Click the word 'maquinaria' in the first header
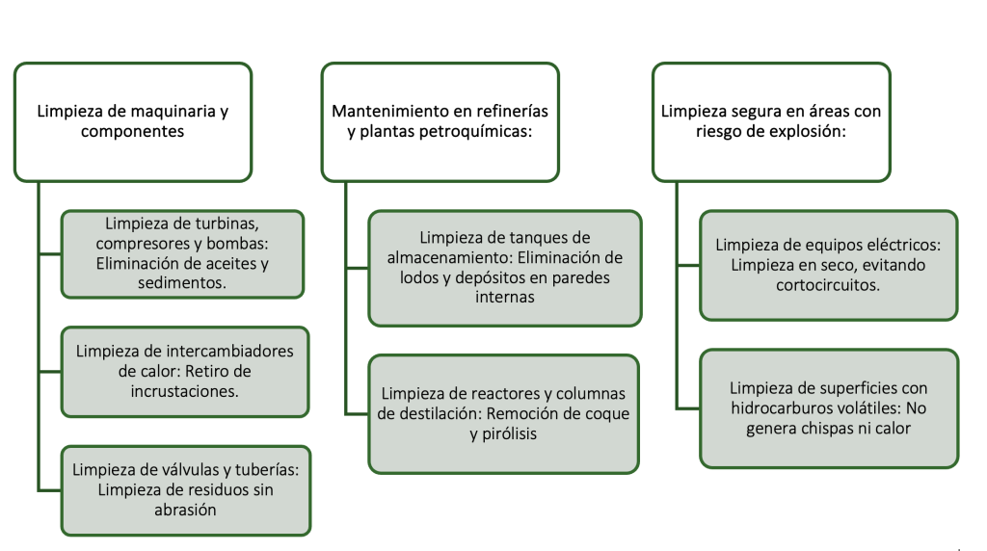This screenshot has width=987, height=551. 165,112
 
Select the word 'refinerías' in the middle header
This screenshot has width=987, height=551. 513,112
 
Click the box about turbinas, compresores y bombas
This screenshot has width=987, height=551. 182,253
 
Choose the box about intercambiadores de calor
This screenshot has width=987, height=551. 185,372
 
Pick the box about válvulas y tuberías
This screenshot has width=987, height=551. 186,490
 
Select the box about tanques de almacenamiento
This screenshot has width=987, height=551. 505,268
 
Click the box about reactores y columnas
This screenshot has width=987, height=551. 503,414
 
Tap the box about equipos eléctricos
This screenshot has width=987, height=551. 828,266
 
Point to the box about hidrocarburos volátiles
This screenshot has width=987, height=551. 829,408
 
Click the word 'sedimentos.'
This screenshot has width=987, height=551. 182,283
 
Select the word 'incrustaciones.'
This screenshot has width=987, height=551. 184,391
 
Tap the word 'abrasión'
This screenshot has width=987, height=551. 185,510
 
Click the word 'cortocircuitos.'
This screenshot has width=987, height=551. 828,285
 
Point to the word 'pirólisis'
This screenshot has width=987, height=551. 510,434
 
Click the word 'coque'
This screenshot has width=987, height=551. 607,414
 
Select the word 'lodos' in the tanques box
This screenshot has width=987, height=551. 418,277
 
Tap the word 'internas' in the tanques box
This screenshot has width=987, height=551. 505,297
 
